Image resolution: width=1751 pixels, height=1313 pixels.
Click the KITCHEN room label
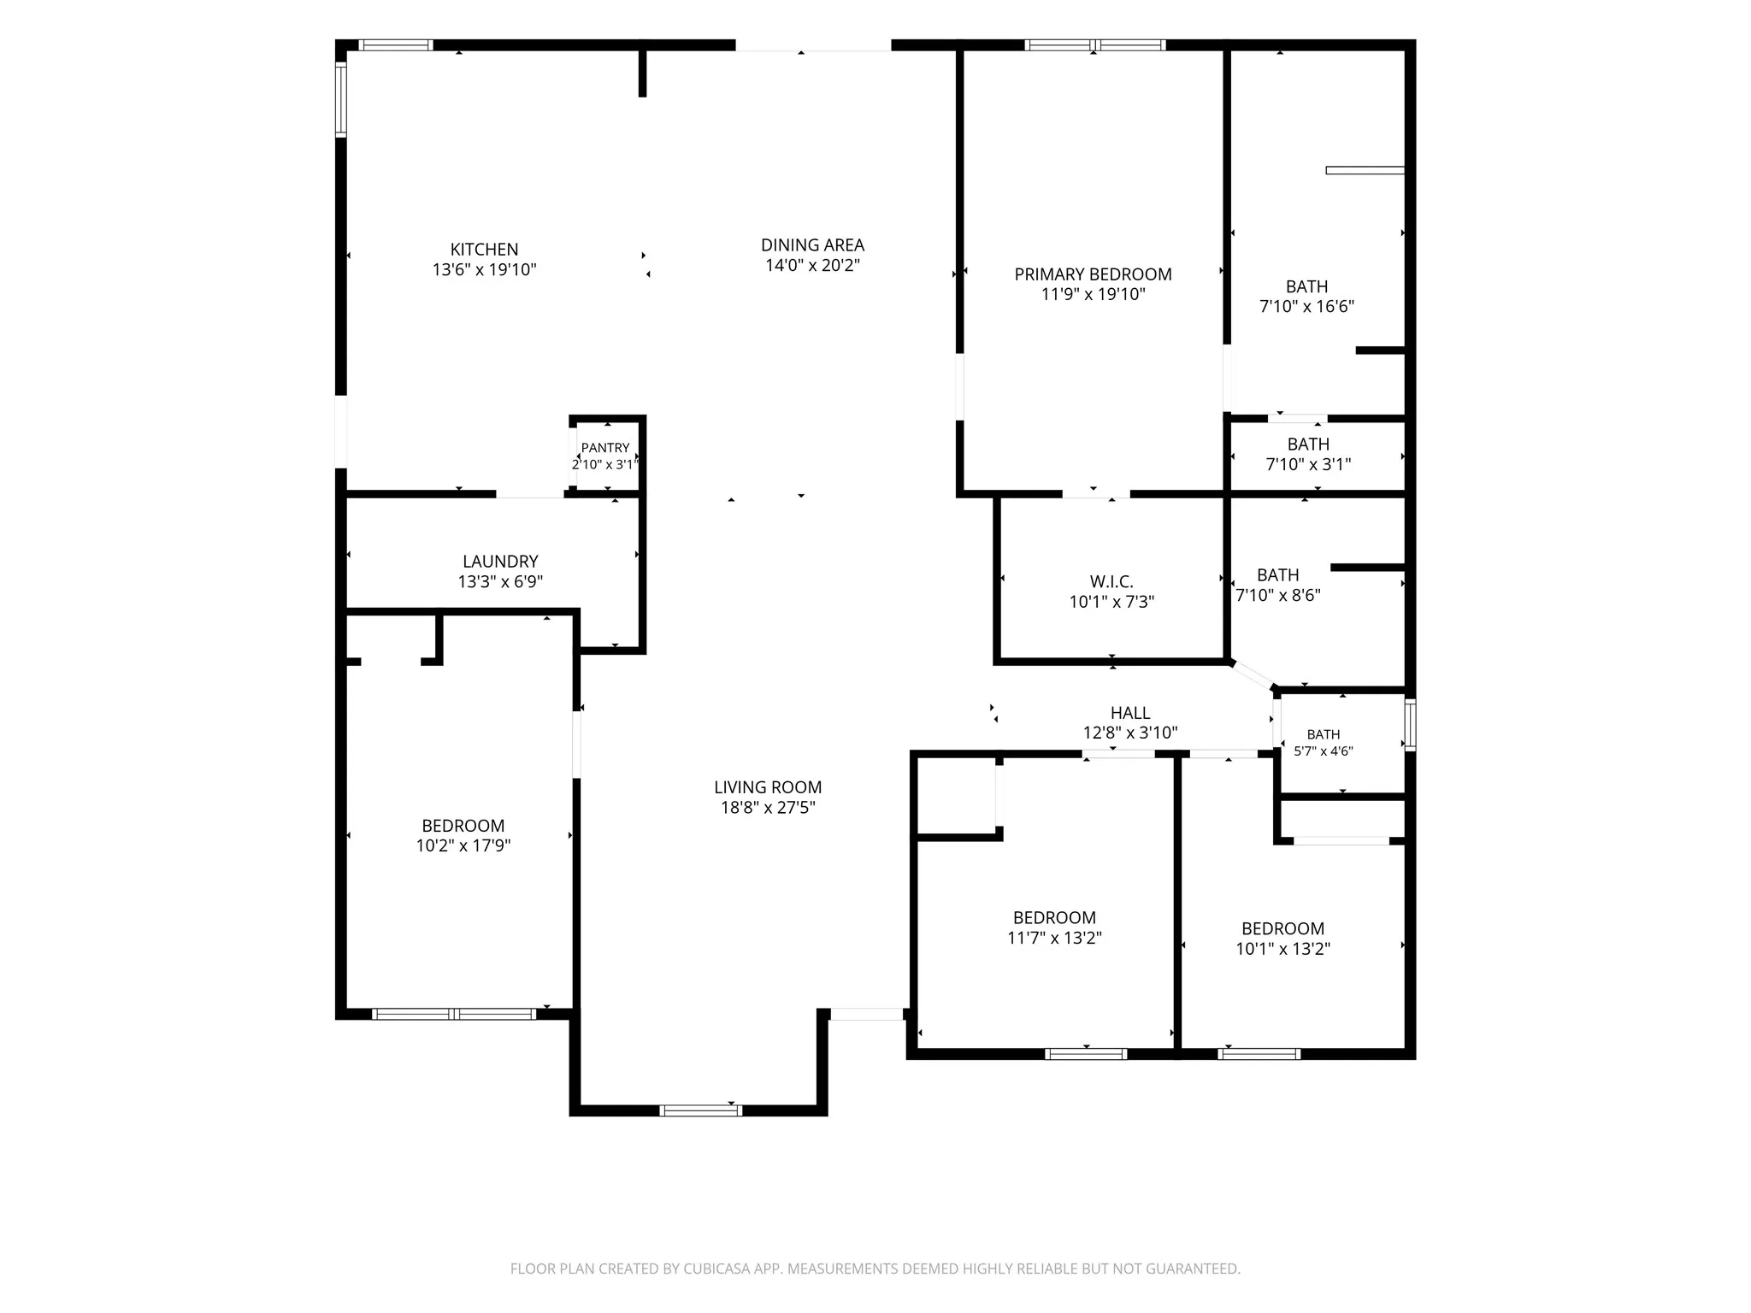coord(484,250)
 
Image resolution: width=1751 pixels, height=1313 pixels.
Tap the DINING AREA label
coord(812,245)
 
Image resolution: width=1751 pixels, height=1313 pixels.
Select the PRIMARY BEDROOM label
coord(1093,274)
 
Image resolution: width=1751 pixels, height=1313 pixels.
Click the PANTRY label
coord(605,448)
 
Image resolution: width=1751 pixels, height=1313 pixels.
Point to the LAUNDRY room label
coord(500,562)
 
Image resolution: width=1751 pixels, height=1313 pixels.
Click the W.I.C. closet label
coord(1111,582)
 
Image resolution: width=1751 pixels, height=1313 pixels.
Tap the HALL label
coord(1130,713)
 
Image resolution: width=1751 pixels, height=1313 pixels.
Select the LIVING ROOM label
coord(768,787)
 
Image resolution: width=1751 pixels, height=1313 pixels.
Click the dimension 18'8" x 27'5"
coord(768,807)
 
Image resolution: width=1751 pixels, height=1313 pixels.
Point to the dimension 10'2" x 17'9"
coord(463,845)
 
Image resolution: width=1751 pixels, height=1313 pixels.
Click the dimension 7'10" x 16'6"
coord(1307,306)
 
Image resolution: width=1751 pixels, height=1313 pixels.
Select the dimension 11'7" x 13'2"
coord(1054,938)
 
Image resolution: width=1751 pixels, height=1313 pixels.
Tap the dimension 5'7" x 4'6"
coord(1324,751)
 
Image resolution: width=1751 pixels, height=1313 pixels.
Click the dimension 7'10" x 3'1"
coord(1308,464)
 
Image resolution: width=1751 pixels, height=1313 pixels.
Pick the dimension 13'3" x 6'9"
coord(500,581)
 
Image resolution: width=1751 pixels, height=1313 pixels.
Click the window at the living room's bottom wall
coord(700,1110)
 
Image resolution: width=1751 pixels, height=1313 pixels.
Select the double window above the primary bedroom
coord(1095,45)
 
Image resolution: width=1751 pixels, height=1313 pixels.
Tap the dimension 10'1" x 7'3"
coord(1111,602)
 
